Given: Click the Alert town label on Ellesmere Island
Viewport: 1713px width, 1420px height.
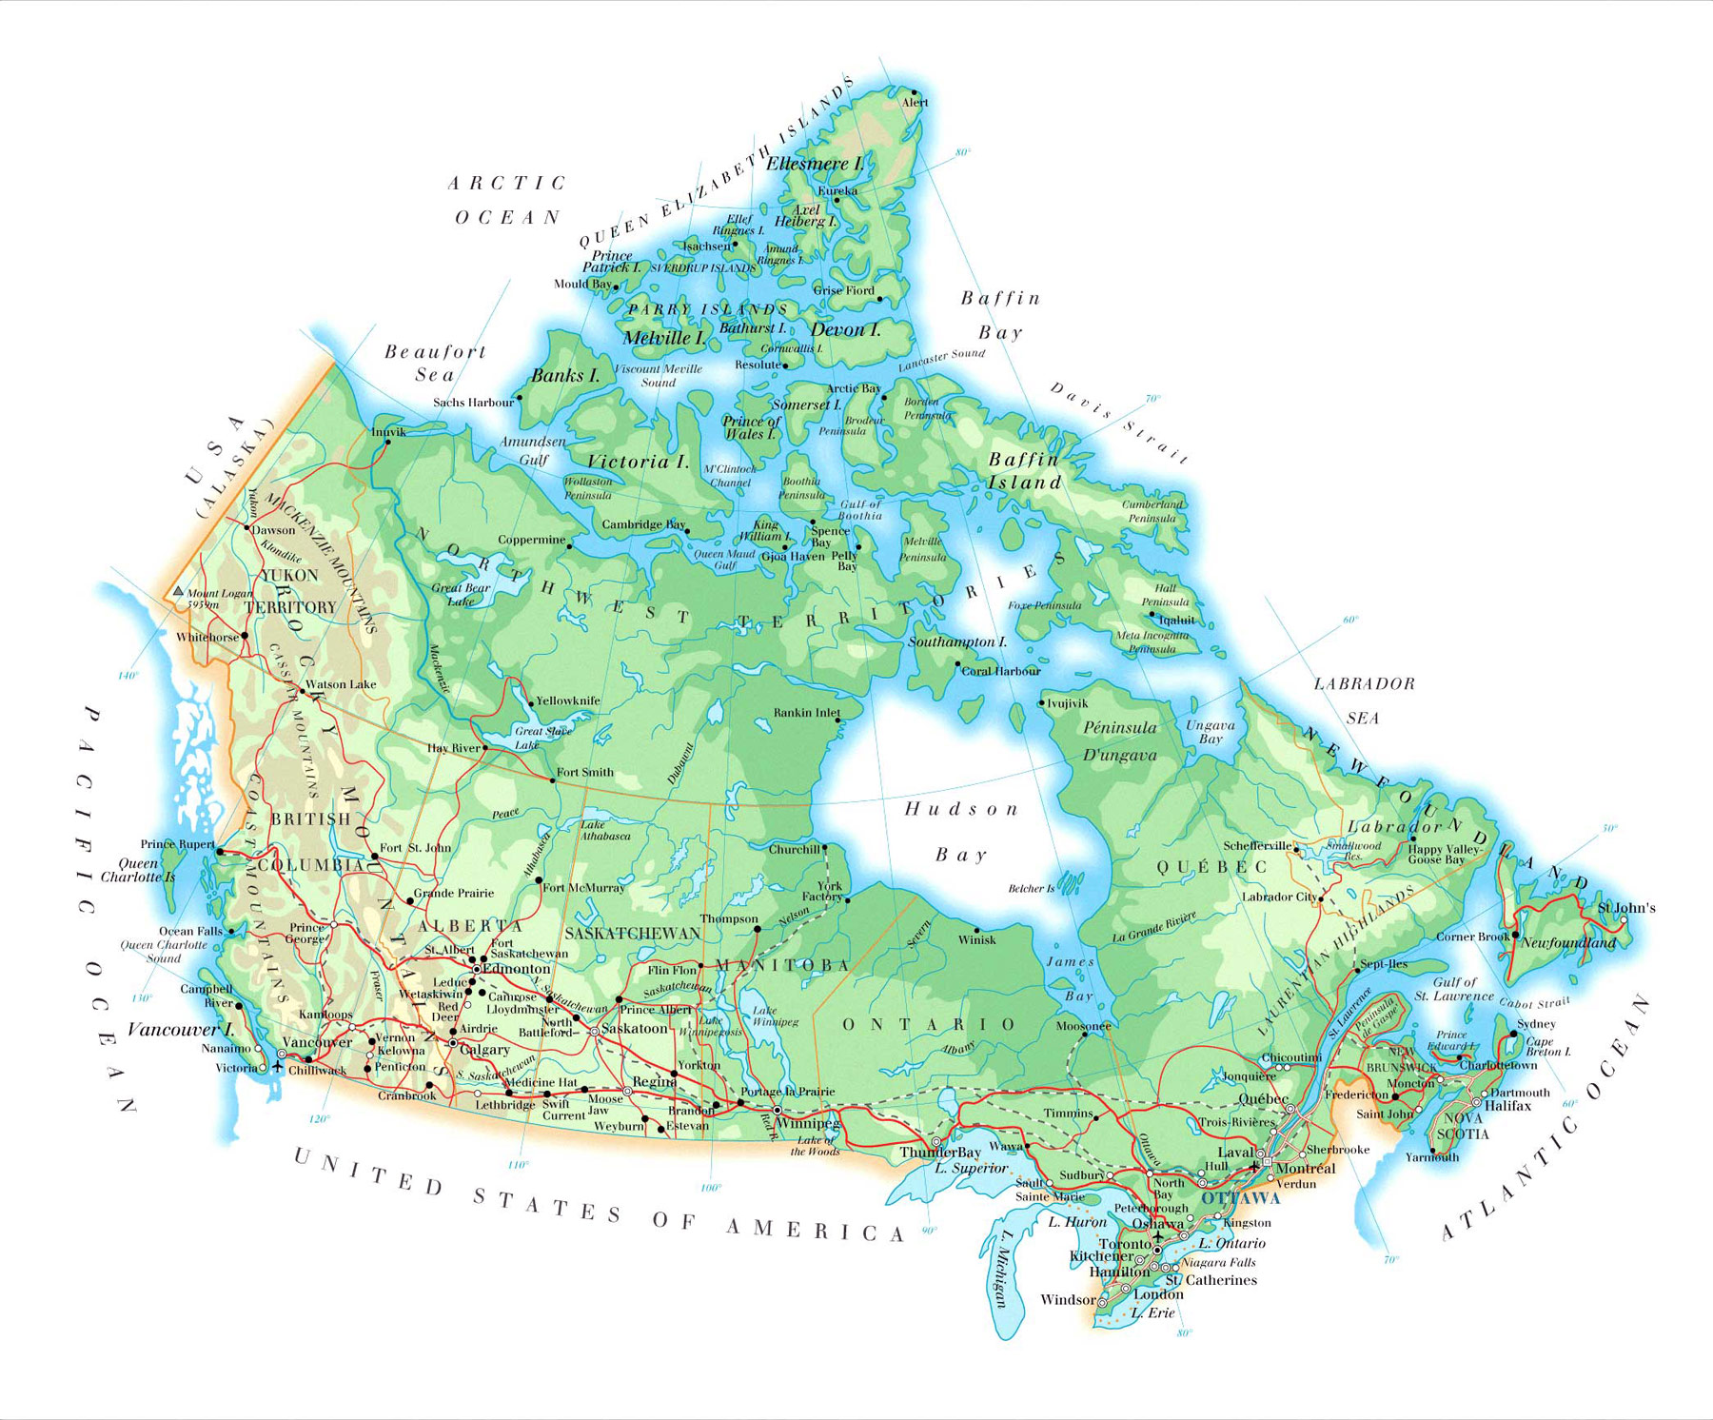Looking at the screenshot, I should pyautogui.click(x=915, y=103).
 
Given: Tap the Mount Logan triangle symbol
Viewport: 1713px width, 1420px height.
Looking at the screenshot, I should pyautogui.click(x=178, y=591).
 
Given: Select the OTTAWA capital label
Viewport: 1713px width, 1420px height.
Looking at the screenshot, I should pyautogui.click(x=1240, y=1198).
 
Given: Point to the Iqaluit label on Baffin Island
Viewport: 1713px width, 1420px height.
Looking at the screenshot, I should pyautogui.click(x=1176, y=621).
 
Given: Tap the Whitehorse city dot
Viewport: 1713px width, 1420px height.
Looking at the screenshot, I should pyautogui.click(x=245, y=636).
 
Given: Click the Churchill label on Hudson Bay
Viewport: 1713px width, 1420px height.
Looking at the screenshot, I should pyautogui.click(x=794, y=850).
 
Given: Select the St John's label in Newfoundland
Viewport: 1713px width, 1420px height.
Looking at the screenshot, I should pyautogui.click(x=1626, y=908).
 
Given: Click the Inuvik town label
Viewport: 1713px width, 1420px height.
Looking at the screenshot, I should pyautogui.click(x=388, y=432).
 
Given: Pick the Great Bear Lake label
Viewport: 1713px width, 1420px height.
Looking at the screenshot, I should pyautogui.click(x=462, y=594).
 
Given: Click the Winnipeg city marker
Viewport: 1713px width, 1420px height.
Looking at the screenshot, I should pyautogui.click(x=778, y=1111).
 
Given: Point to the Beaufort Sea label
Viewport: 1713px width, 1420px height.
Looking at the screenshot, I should pyautogui.click(x=435, y=363).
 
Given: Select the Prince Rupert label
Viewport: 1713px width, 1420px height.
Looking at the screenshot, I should pyautogui.click(x=177, y=844).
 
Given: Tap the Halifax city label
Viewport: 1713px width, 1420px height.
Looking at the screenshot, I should pyautogui.click(x=1507, y=1106).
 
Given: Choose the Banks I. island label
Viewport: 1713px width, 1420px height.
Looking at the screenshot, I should pyautogui.click(x=565, y=376).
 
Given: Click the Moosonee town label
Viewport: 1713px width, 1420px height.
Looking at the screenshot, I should pyautogui.click(x=1083, y=1026).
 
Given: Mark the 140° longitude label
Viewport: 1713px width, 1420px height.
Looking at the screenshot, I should pyautogui.click(x=128, y=676).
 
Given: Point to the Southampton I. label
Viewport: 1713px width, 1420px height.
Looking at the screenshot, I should pyautogui.click(x=956, y=642).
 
